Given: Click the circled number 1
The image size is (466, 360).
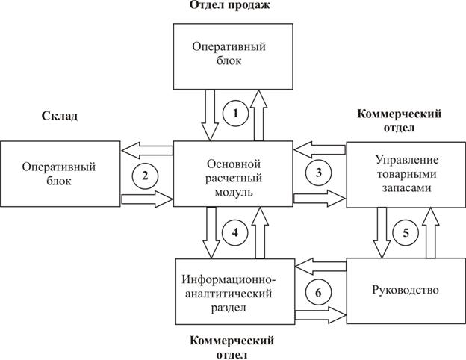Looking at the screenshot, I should (x=236, y=114).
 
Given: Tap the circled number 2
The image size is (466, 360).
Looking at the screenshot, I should (x=146, y=176).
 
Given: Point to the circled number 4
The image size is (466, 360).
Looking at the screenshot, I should (x=234, y=232).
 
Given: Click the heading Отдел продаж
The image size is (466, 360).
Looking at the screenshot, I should (x=234, y=6).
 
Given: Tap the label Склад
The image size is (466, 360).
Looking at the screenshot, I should (x=59, y=117).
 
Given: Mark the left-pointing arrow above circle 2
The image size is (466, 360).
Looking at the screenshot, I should (x=146, y=150).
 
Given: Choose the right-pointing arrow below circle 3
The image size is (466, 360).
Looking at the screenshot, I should (x=320, y=199).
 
